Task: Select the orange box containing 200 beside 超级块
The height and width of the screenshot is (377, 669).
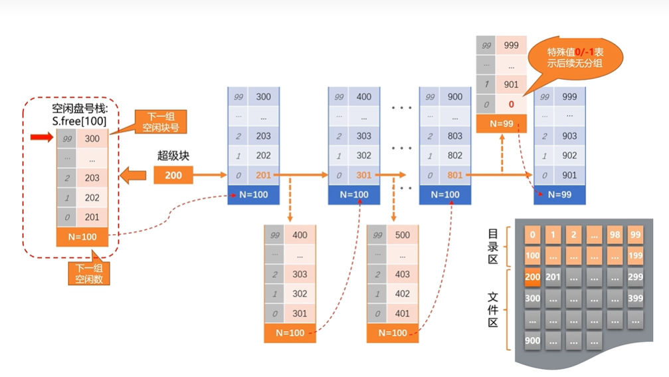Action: (173, 176)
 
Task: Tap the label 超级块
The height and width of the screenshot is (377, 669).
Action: (173, 156)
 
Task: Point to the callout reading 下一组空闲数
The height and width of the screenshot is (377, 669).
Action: (89, 274)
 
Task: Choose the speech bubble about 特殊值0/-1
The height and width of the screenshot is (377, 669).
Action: (575, 58)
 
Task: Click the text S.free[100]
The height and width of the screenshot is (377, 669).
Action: (79, 121)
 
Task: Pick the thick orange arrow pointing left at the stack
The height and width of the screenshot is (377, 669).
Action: (132, 177)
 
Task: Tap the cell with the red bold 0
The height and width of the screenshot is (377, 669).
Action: (511, 104)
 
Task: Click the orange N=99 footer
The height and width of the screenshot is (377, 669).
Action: (502, 124)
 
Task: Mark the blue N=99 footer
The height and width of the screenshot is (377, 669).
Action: (559, 194)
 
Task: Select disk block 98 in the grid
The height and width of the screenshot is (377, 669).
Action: (615, 235)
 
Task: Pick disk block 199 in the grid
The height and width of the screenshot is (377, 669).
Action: (634, 256)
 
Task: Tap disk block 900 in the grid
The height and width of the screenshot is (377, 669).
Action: (533, 340)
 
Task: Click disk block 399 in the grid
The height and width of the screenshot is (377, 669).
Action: (634, 299)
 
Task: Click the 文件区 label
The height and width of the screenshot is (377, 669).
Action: (493, 309)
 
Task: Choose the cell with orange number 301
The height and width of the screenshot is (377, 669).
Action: (363, 176)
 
